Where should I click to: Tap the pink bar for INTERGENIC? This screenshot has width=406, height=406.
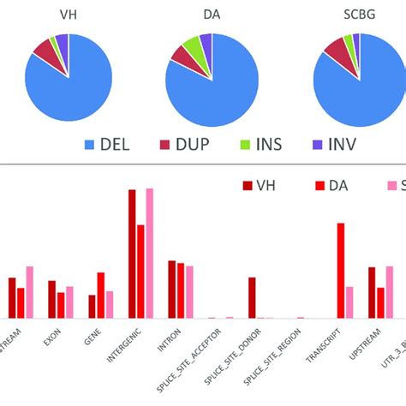click(x=149, y=253)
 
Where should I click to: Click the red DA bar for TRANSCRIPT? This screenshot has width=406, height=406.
click(x=340, y=270)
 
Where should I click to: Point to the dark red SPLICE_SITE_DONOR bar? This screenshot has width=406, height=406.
click(x=252, y=297)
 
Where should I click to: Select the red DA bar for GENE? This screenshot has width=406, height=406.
click(x=101, y=295)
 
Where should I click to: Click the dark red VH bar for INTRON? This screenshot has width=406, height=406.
click(x=171, y=289)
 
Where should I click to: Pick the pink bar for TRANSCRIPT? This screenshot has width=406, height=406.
click(x=349, y=302)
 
